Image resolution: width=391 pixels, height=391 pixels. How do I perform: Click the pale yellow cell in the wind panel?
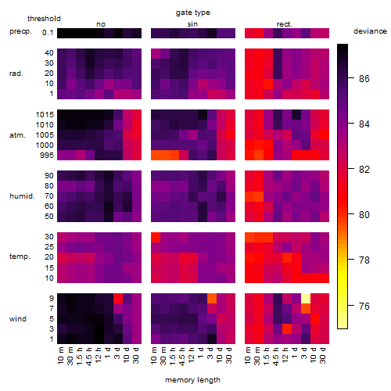pyautogui.click(x=306, y=298)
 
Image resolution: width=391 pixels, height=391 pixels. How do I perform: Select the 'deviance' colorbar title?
pyautogui.click(x=370, y=31)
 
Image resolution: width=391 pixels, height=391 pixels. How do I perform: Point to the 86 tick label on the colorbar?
pyautogui.click(x=364, y=78)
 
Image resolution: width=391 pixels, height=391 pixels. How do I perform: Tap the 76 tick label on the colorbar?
pyautogui.click(x=364, y=306)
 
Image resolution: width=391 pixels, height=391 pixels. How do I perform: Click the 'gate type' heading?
pyautogui.click(x=193, y=13)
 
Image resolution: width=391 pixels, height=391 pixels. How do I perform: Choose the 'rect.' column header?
pyautogui.click(x=284, y=24)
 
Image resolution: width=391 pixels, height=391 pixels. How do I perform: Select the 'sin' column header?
pyautogui.click(x=192, y=24)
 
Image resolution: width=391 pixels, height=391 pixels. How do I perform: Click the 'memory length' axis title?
pyautogui.click(x=192, y=380)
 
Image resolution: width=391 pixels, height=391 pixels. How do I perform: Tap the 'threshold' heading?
pyautogui.click(x=44, y=19)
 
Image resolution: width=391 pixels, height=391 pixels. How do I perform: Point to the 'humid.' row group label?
pyautogui.click(x=22, y=196)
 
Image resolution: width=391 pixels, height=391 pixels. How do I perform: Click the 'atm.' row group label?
pyautogui.click(x=17, y=135)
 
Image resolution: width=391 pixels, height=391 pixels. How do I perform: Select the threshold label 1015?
pyautogui.click(x=45, y=115)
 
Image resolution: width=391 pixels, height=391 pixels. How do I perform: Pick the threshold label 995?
pyautogui.click(x=47, y=156)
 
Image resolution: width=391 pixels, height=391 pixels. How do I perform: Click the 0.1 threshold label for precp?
pyautogui.click(x=48, y=33)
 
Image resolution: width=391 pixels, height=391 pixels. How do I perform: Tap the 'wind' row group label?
pyautogui.click(x=18, y=319)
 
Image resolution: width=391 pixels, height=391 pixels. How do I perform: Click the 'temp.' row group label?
pyautogui.click(x=20, y=256)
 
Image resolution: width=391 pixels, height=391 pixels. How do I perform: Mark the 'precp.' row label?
pyautogui.click(x=20, y=32)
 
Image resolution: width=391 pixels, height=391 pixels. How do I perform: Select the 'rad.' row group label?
pyautogui.click(x=16, y=74)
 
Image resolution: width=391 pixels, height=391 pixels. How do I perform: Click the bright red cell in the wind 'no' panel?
pyautogui.click(x=118, y=298)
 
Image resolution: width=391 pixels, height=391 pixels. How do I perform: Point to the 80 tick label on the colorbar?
pyautogui.click(x=364, y=215)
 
